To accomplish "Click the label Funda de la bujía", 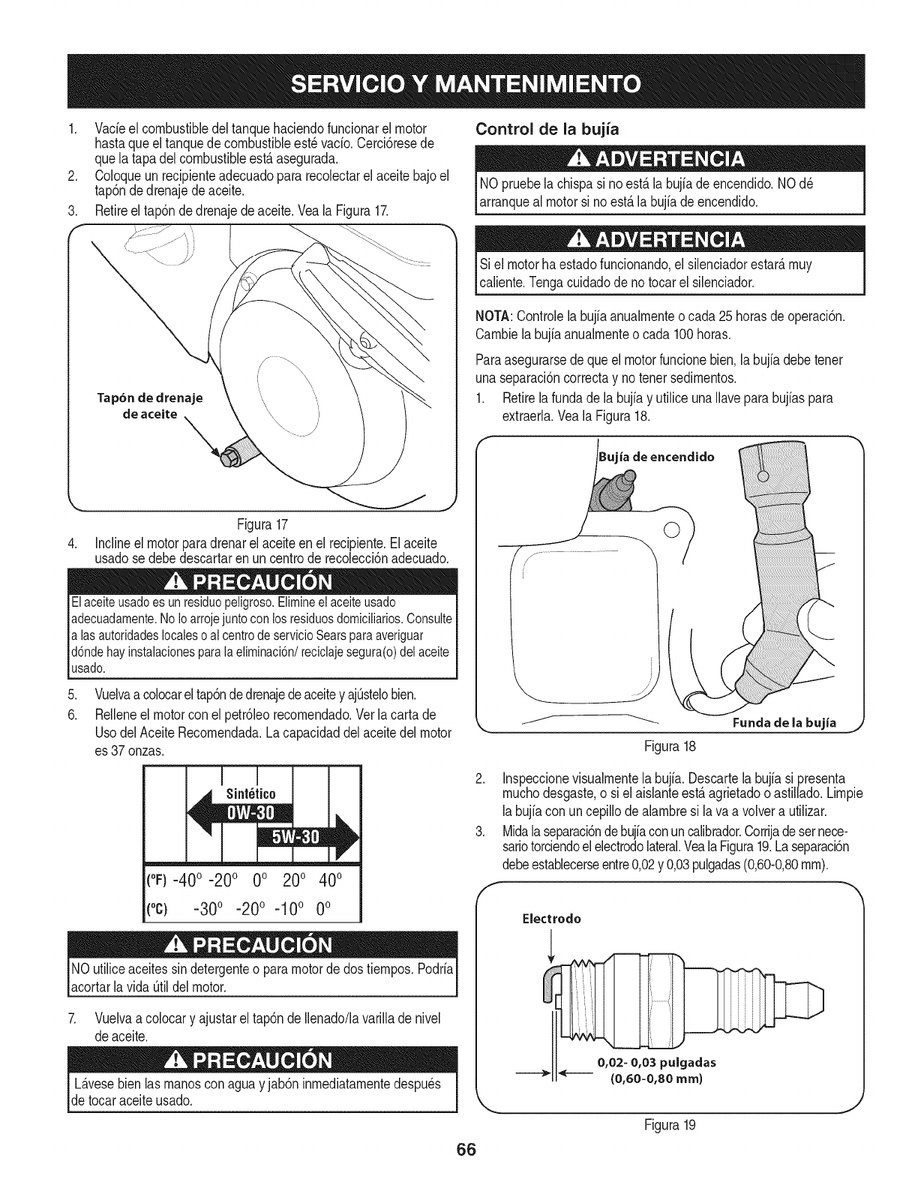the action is pos(784,723).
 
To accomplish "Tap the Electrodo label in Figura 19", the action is pos(551,918).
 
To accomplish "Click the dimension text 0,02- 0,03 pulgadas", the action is pos(656,1062).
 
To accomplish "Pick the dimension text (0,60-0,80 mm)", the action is pos(656,1078).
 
